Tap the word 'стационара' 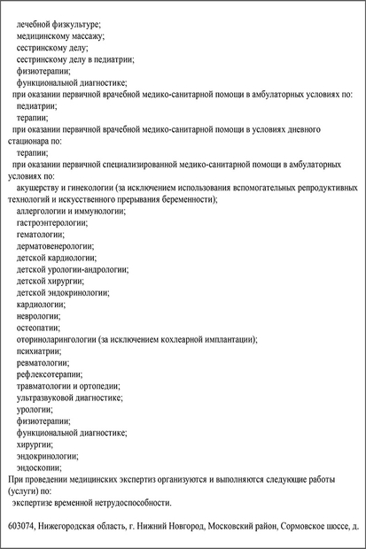27,140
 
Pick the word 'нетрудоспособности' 130,502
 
